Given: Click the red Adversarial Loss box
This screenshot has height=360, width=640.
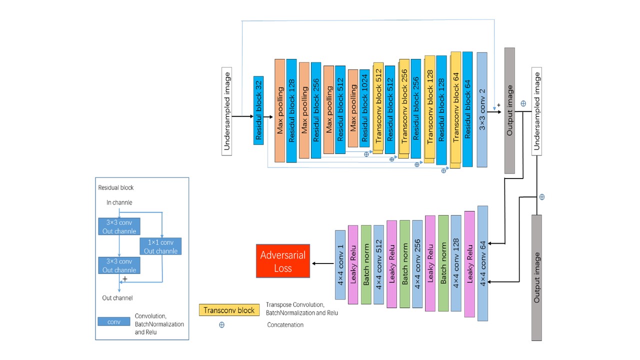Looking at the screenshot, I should [x=283, y=261].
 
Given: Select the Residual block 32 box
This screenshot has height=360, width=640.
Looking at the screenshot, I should [x=258, y=110].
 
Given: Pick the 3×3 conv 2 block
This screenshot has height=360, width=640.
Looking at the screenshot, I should [x=482, y=109].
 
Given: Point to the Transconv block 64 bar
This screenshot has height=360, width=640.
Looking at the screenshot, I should [x=455, y=109].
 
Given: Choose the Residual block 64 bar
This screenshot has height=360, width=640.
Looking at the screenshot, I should [x=467, y=109].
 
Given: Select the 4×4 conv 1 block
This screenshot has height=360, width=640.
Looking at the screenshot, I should [x=340, y=264].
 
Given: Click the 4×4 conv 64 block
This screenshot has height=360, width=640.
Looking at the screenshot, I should [x=482, y=263].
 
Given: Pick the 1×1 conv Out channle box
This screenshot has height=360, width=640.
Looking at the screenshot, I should [x=160, y=246].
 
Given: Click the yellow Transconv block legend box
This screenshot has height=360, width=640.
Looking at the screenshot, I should [x=229, y=310].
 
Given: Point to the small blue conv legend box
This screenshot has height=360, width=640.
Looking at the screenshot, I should [x=114, y=321].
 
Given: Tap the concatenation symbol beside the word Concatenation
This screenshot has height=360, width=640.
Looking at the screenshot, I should [x=221, y=324].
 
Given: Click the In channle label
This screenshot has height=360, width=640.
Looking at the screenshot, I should [x=119, y=202].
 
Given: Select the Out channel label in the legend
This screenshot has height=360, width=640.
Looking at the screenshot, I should [x=117, y=298].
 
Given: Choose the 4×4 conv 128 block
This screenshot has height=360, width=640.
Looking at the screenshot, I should [x=456, y=263].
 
